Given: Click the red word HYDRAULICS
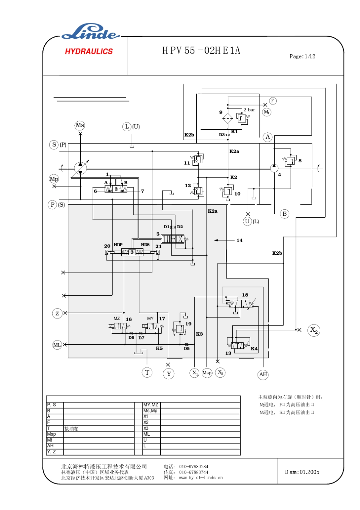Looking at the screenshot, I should tap(89, 52).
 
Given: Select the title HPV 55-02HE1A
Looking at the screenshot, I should tap(201, 51).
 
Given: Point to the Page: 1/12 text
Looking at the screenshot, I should tap(302, 56).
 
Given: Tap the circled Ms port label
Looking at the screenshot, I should tap(80, 126).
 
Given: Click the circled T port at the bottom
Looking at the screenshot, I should tap(147, 372).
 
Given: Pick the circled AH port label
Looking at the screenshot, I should tap(263, 375).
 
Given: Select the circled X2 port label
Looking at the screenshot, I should tap(314, 330).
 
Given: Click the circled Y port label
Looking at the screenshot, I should tap(169, 374).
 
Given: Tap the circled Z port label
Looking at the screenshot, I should tap(57, 314).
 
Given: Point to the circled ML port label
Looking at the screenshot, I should tap(57, 345).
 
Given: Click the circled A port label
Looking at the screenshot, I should tap(268, 137).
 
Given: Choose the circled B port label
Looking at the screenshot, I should tap(285, 214).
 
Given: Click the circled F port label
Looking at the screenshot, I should tap(272, 101).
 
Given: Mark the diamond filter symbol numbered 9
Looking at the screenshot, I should tap(228, 118).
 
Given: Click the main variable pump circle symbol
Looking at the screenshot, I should tap(80, 168).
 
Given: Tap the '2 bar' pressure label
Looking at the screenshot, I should tap(249, 110).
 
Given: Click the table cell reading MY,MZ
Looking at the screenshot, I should tap(151, 405).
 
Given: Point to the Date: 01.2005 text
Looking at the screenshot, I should tap(302, 472).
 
